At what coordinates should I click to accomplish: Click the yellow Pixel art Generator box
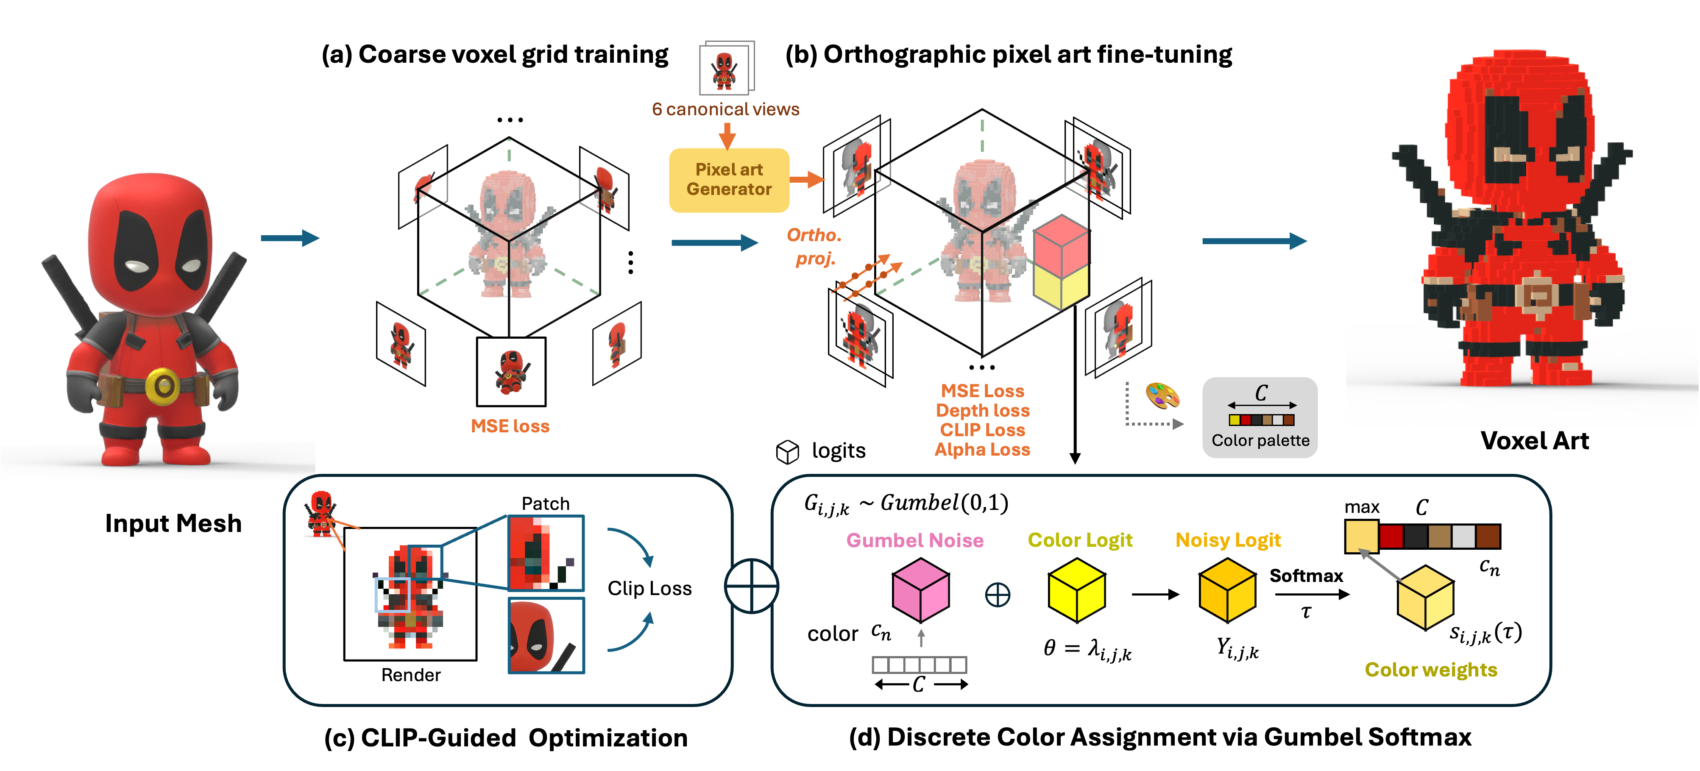[729, 179]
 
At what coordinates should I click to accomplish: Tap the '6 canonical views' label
[725, 109]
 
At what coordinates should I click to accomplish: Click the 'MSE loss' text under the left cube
[510, 426]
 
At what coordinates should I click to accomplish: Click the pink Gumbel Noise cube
[921, 590]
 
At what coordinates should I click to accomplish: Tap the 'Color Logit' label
[1080, 540]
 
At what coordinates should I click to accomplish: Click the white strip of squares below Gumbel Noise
[919, 664]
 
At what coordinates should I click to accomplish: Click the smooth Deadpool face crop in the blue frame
[546, 635]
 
